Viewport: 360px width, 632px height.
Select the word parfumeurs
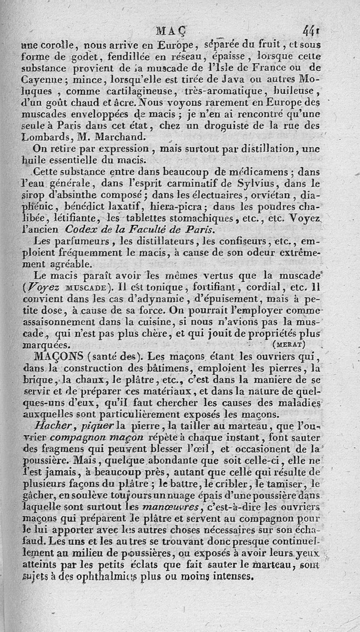coord(64,240)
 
